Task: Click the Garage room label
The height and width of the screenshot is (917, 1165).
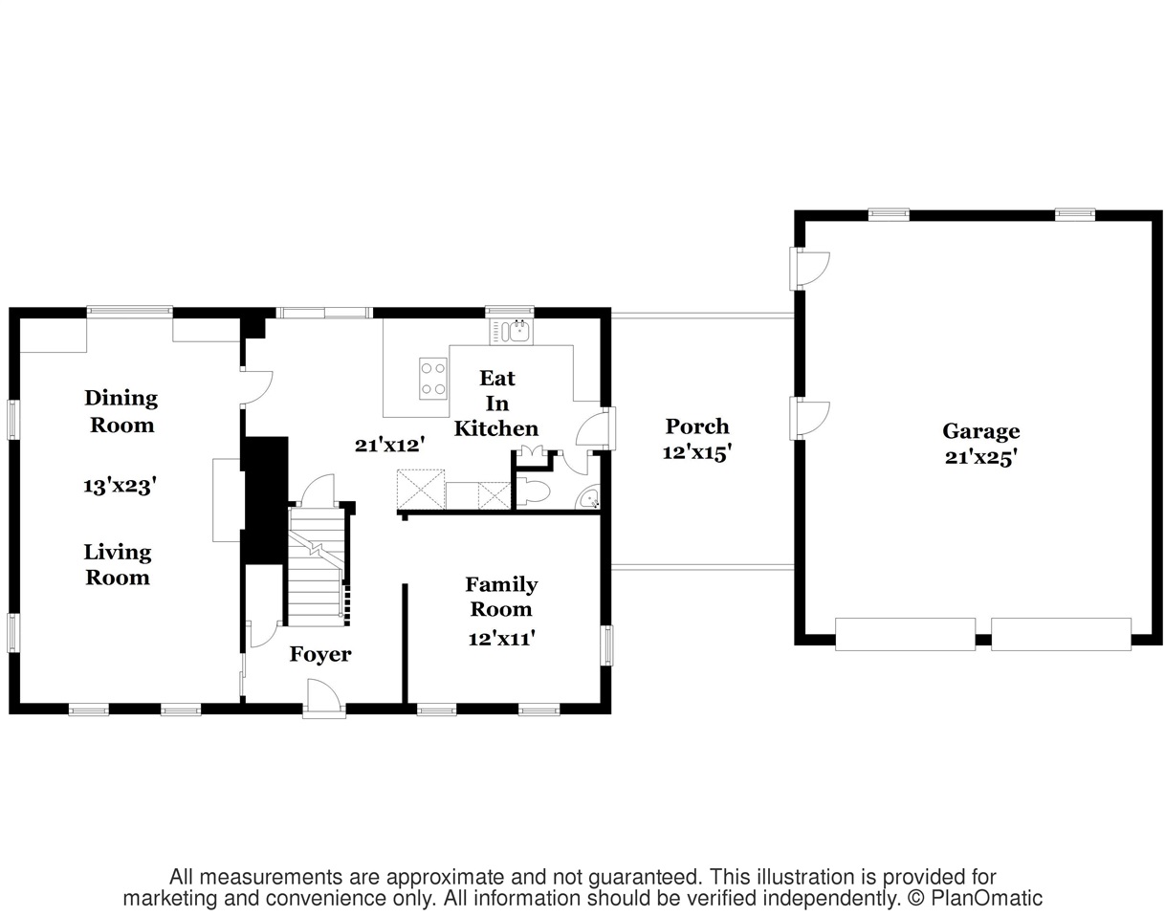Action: coord(981,431)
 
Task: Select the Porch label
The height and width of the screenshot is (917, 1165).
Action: coord(697,426)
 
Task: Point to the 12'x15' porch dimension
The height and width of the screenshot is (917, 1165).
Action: coord(697,452)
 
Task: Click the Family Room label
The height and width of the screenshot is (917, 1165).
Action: coord(501,597)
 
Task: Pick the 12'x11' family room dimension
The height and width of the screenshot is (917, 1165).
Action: coord(501,639)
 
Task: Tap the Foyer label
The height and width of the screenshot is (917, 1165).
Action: coord(320,654)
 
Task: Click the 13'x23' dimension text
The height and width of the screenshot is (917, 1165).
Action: coord(120,486)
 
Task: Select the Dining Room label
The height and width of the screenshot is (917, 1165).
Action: coord(121,411)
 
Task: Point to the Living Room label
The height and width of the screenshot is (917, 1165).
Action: coord(118,564)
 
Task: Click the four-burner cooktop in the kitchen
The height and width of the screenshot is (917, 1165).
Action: coord(433,379)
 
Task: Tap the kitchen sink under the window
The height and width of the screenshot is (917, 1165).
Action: coord(512,331)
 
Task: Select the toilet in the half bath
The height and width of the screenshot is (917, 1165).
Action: coord(534,492)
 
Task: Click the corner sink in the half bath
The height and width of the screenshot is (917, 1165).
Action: coord(589,497)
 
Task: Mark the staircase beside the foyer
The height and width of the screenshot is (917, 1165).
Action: coord(317,566)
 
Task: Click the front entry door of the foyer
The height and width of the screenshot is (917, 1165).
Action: coord(323,698)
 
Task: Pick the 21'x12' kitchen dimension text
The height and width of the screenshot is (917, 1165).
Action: coord(389,445)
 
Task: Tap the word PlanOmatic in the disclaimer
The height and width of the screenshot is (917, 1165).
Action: coord(986,898)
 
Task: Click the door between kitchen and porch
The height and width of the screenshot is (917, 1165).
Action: coord(596,428)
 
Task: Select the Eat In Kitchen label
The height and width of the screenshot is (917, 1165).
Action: coord(496,404)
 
